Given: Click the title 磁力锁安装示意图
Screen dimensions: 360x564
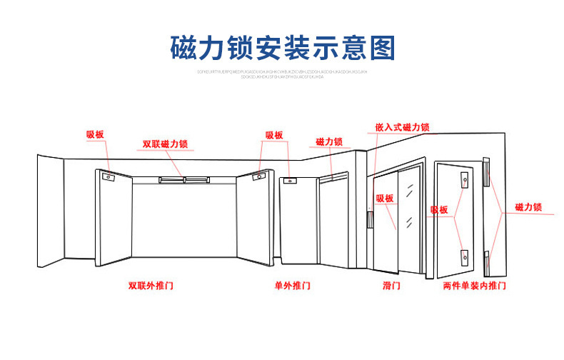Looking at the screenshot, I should [282, 46].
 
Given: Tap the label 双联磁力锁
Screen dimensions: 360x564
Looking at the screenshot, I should [164, 144].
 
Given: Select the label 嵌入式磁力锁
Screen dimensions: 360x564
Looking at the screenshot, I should [402, 127].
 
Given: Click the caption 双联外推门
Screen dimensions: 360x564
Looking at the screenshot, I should [151, 285].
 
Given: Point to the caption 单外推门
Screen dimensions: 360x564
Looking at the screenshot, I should [293, 285].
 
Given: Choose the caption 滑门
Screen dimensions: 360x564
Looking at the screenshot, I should [391, 285].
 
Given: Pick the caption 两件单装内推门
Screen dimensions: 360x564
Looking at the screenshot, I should [474, 285].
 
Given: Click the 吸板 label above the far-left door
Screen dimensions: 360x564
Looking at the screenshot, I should [95, 134].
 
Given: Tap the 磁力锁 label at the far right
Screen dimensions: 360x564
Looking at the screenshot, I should [528, 207].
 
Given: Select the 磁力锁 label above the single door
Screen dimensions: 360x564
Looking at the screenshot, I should [328, 142].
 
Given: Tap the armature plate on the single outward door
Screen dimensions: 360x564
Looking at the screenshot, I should [290, 182].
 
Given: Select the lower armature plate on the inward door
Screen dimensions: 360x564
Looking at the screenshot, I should [465, 255].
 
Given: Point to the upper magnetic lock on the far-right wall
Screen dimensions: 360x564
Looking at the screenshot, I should [486, 172].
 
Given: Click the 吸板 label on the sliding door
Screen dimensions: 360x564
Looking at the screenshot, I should [384, 199].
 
